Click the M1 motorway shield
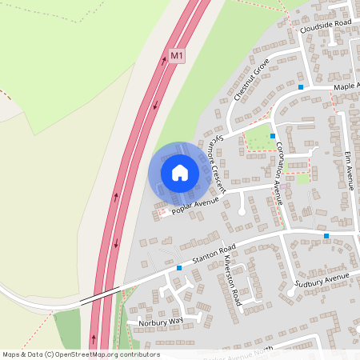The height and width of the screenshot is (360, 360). pos(177,56)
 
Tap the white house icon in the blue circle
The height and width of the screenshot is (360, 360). pos(180,172)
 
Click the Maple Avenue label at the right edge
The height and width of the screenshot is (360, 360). pos(346,86)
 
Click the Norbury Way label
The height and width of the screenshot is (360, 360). pos(160,321)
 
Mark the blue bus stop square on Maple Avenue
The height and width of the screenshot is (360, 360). pos(301,86)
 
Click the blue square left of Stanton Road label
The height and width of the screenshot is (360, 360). pos(179,268)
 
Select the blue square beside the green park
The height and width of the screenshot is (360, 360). pos(273,136)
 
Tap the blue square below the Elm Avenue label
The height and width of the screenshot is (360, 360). pos(326,236)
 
